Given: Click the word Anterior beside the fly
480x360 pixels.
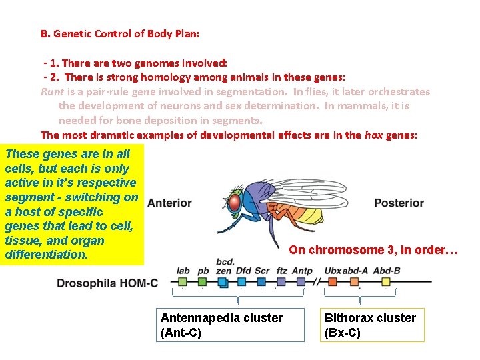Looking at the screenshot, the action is click(x=169, y=203).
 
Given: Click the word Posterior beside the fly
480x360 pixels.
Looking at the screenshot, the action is click(x=399, y=203).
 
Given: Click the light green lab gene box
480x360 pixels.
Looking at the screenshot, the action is click(x=181, y=282).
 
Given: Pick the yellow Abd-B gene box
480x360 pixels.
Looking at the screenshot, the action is click(x=386, y=282).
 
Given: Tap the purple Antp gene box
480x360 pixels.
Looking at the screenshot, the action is click(x=301, y=282).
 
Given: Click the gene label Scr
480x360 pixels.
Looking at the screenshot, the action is click(x=262, y=271).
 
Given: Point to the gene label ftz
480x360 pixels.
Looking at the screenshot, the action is click(x=281, y=271).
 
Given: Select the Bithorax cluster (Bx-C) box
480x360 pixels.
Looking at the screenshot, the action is click(x=373, y=325).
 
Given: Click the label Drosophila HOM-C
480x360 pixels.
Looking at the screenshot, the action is click(x=107, y=283).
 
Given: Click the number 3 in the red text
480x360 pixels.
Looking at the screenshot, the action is click(x=391, y=250).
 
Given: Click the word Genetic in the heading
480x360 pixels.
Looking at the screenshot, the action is click(x=75, y=33).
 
